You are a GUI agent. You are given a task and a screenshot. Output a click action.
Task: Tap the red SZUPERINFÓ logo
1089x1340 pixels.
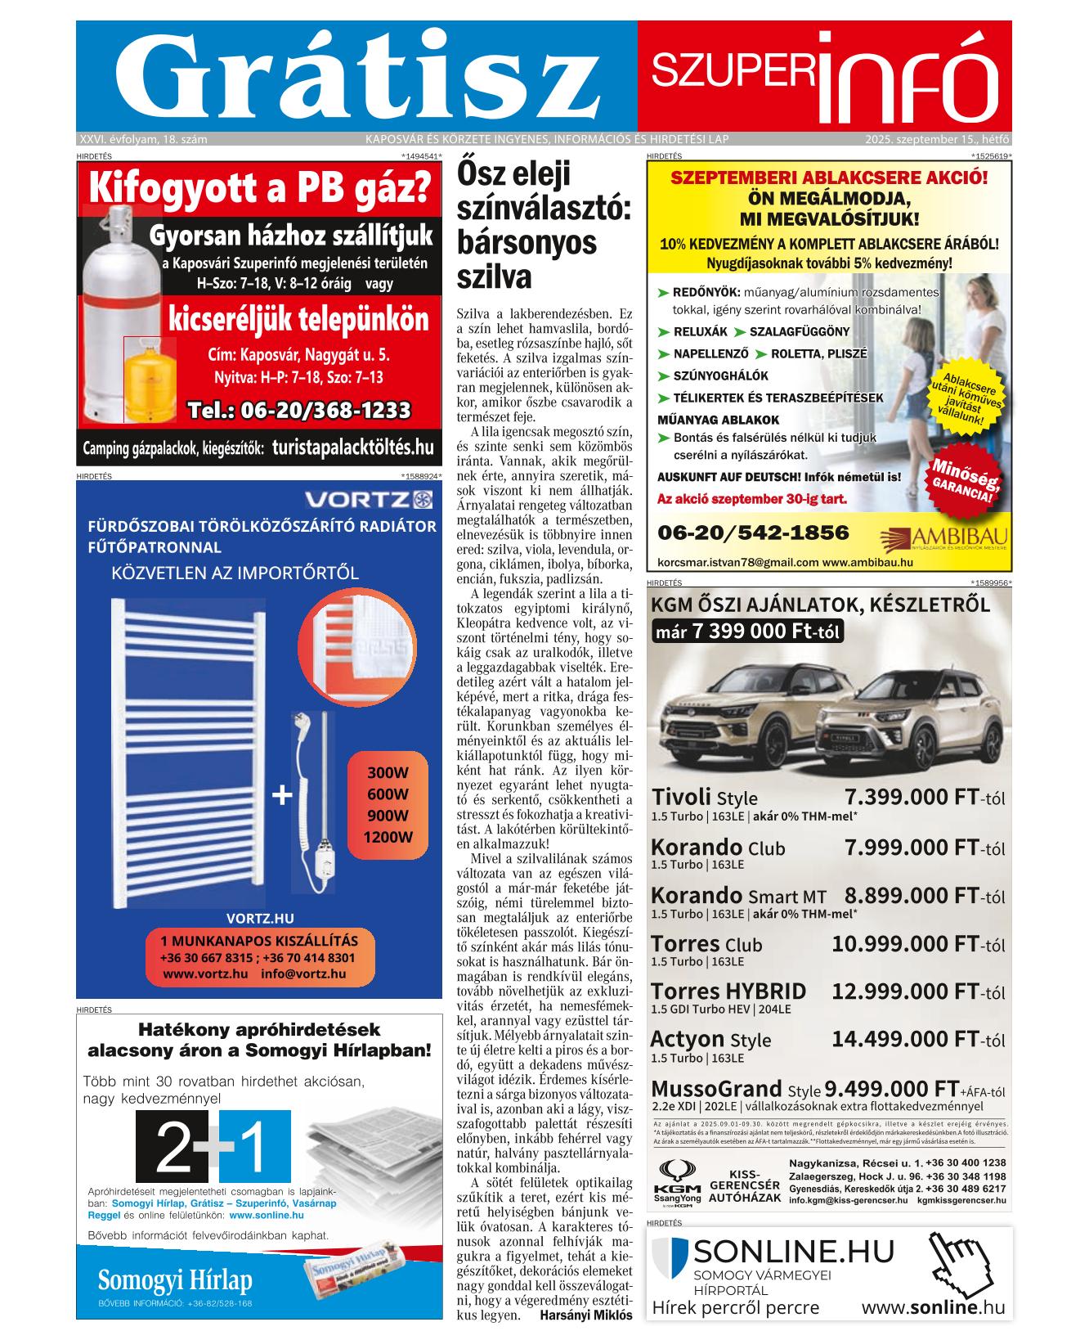point(824,75)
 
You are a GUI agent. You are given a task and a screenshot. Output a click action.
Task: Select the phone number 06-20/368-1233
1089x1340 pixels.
point(298,410)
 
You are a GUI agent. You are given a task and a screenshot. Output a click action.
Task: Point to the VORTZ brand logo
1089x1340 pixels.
point(368,499)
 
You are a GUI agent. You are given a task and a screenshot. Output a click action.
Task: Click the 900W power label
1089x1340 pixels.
point(388,816)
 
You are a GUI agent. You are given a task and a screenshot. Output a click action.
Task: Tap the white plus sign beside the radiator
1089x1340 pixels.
point(281,794)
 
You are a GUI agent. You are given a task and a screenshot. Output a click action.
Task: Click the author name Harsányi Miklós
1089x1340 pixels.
point(586,1315)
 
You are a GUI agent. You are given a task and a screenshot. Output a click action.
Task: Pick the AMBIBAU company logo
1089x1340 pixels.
point(944,537)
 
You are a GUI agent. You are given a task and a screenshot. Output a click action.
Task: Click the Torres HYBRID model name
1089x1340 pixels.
point(728,992)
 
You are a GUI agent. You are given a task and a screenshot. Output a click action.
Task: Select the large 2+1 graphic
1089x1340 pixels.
point(213,1147)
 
